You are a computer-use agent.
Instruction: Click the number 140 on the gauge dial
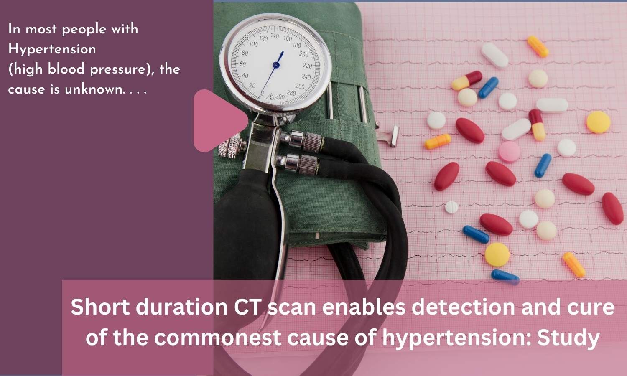pos(275,36)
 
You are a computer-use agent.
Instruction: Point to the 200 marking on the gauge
pos(304,54)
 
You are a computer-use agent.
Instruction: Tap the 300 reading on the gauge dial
pos(280,97)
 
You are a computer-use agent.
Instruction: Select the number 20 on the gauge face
pos(252,85)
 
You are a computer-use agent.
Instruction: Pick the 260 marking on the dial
pos(300,86)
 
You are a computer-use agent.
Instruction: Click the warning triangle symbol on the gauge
pos(270,97)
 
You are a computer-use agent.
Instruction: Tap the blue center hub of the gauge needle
pos(276,65)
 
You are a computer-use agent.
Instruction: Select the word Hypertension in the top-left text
pos(52,50)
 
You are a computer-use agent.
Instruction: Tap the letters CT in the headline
pos(247,307)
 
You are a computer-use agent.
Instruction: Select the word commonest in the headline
pos(217,338)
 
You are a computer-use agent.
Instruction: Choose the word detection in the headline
pos(464,307)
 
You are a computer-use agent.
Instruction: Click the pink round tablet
pos(510,152)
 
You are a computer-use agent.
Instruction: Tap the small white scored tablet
pos(451,207)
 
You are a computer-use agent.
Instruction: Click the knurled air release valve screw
pos(230,145)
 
